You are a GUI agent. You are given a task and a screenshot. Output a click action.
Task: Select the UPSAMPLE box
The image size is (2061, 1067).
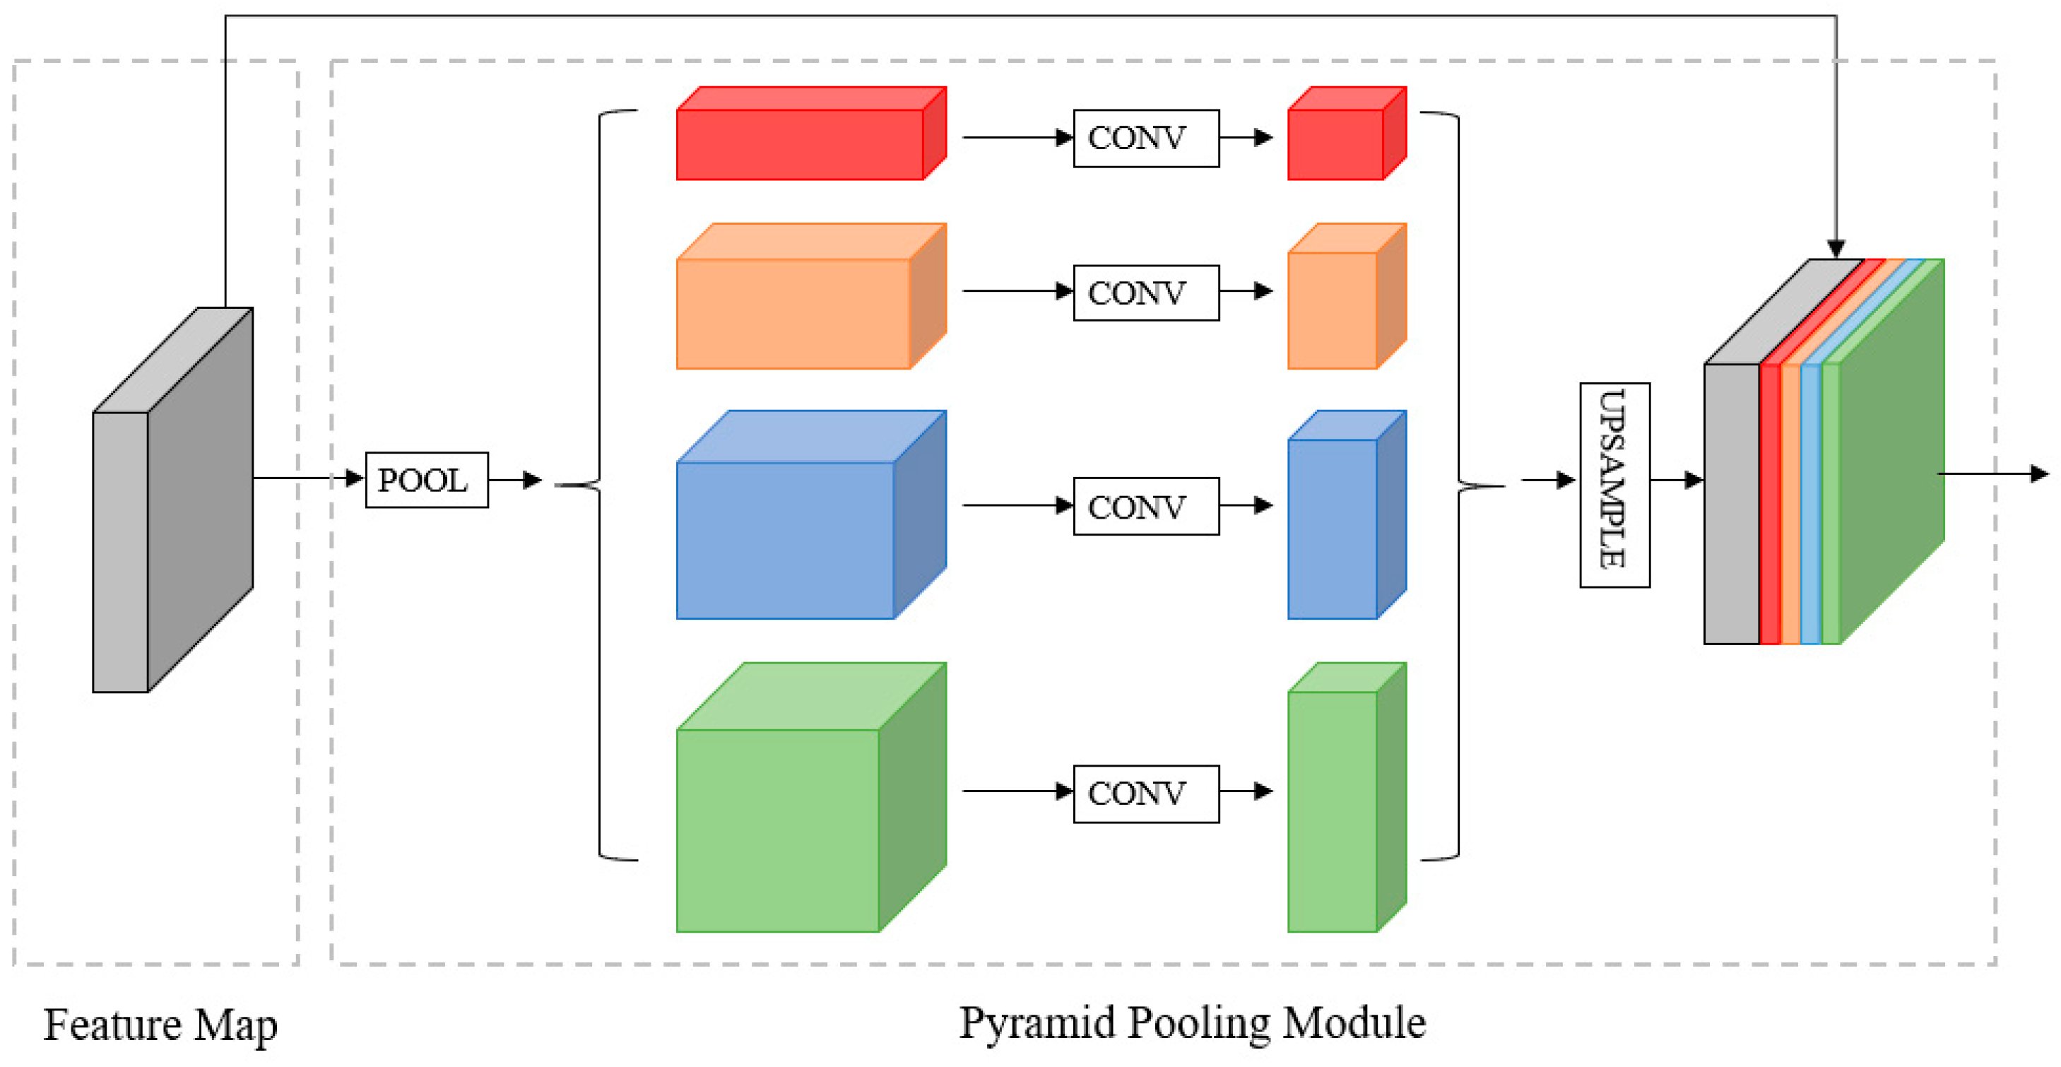1614,484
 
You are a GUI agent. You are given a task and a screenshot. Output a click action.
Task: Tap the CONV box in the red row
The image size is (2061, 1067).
1146,138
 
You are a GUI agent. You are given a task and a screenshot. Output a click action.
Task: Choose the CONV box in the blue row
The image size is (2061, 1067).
1146,506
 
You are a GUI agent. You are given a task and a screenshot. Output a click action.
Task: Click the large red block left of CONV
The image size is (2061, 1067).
800,144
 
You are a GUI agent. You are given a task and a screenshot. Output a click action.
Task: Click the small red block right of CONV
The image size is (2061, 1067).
1336,144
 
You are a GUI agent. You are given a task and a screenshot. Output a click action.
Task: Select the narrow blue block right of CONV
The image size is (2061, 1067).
1332,529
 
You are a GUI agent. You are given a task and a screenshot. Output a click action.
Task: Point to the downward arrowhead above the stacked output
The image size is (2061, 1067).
1836,249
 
